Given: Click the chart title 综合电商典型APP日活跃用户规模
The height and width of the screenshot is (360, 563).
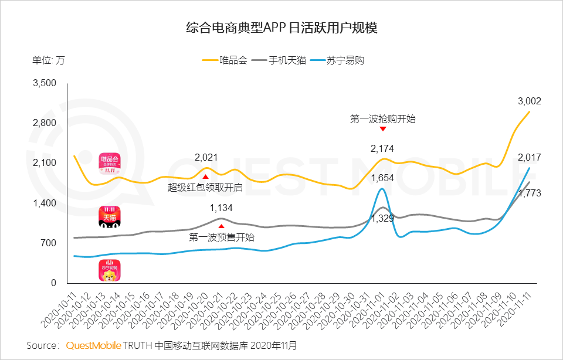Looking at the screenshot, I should coord(281,28).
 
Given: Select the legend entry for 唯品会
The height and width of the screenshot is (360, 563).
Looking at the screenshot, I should coord(226,60).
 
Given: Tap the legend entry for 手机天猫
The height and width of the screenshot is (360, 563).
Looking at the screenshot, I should coord(281,60).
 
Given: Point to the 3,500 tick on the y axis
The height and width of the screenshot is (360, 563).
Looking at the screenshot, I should coord(45,83).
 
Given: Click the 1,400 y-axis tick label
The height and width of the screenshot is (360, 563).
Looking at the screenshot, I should coord(45,203).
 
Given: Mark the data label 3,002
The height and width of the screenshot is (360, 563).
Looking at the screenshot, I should coord(529,101).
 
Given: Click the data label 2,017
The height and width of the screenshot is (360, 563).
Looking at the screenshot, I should coord(529,157).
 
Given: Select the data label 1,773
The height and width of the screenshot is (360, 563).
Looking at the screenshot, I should coord(529,193).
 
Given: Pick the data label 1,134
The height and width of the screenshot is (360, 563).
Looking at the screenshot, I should coord(221,208).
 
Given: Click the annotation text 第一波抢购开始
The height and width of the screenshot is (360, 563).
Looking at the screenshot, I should coord(382,119).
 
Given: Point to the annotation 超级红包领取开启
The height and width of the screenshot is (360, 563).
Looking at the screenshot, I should coord(205,188).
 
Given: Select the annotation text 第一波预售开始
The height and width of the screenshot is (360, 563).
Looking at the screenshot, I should coord(222,237).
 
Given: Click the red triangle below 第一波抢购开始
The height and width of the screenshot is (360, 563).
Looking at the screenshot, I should coord(382,129).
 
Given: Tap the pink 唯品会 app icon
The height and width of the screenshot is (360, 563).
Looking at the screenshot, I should coord(109,164).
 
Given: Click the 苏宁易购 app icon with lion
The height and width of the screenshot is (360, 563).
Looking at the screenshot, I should coord(109,270).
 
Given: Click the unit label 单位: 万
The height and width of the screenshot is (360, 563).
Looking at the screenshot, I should coord(49,60).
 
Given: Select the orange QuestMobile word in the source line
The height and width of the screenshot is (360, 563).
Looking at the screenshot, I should coord(94,345).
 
